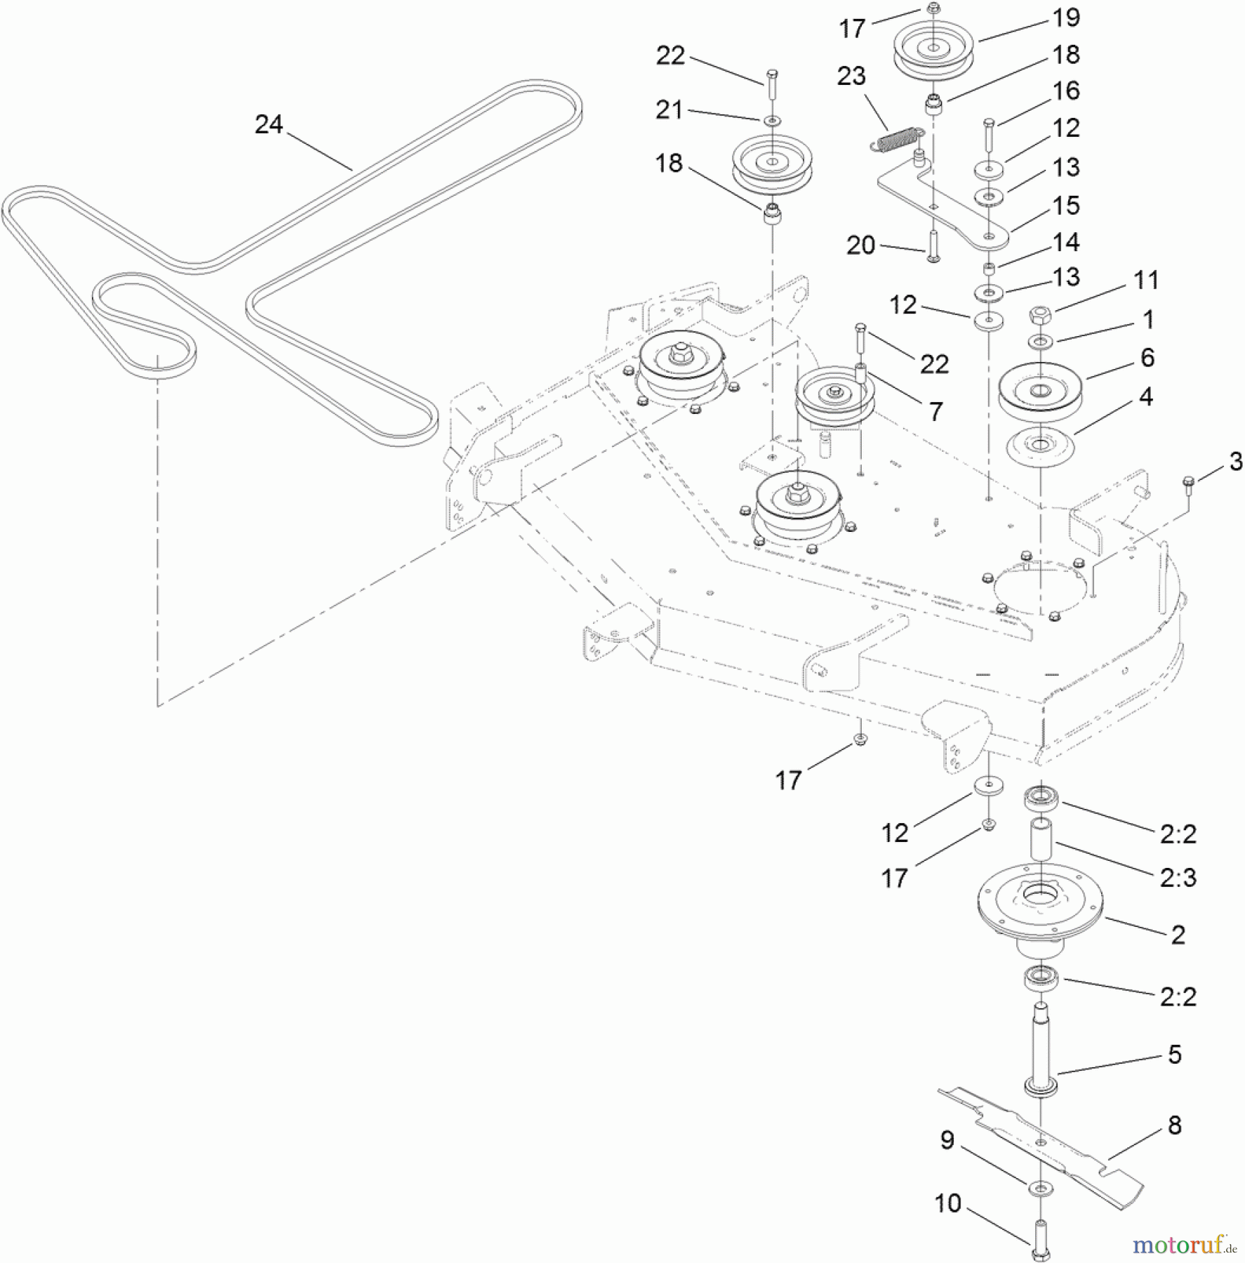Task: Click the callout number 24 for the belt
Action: tap(269, 125)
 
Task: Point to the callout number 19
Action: tap(1066, 18)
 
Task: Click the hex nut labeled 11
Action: tap(1039, 315)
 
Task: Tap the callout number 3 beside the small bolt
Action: tap(1235, 461)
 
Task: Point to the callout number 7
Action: tap(936, 412)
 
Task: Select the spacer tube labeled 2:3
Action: tap(1041, 838)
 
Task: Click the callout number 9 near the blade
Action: tap(947, 1140)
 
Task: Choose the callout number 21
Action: tap(669, 110)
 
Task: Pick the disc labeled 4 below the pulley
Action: tap(1041, 446)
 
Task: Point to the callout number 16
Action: tap(1066, 91)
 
